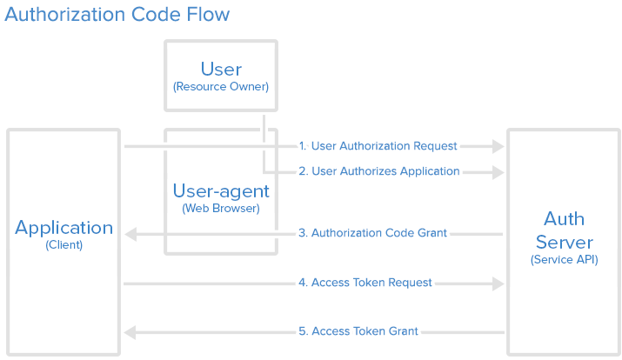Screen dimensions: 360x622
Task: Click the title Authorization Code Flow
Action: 117,15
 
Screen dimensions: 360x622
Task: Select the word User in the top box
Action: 221,69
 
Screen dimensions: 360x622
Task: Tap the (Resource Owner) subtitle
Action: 221,87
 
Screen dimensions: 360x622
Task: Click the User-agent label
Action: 221,190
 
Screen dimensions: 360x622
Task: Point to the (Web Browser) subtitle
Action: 221,209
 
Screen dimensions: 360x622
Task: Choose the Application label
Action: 64,228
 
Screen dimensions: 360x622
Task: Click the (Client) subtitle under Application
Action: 64,245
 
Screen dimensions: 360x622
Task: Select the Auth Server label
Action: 564,230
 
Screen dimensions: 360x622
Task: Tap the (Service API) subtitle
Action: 564,259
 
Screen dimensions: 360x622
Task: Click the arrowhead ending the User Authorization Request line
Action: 498,146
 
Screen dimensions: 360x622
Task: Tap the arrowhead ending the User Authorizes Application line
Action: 498,172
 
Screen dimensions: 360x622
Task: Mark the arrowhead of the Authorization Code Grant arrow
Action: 130,234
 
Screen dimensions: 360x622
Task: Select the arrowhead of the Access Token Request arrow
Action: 498,283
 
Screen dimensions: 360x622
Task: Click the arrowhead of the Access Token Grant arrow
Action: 130,332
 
